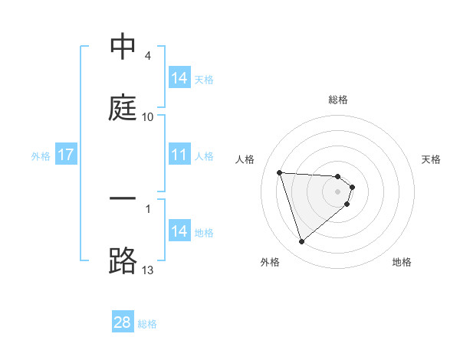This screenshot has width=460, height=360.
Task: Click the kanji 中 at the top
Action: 123,47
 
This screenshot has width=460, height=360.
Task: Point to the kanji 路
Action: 123,260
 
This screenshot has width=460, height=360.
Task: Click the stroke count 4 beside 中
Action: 148,56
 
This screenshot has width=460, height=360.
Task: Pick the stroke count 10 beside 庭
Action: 148,116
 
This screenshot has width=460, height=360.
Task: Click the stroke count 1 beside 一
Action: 148,207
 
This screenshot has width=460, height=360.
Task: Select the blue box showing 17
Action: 66,155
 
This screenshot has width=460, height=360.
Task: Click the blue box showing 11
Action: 179,155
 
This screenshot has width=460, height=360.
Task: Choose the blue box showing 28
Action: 123,322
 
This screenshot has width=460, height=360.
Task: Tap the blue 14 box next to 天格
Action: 179,78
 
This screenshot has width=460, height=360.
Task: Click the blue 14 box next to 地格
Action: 179,231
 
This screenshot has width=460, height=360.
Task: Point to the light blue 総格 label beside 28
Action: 147,324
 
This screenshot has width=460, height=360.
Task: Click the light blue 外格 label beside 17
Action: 41,156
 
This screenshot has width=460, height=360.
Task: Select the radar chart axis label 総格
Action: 338,100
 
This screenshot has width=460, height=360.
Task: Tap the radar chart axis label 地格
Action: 402,263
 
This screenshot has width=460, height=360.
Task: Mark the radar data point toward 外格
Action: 301,242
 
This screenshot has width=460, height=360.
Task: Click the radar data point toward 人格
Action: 280,172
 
